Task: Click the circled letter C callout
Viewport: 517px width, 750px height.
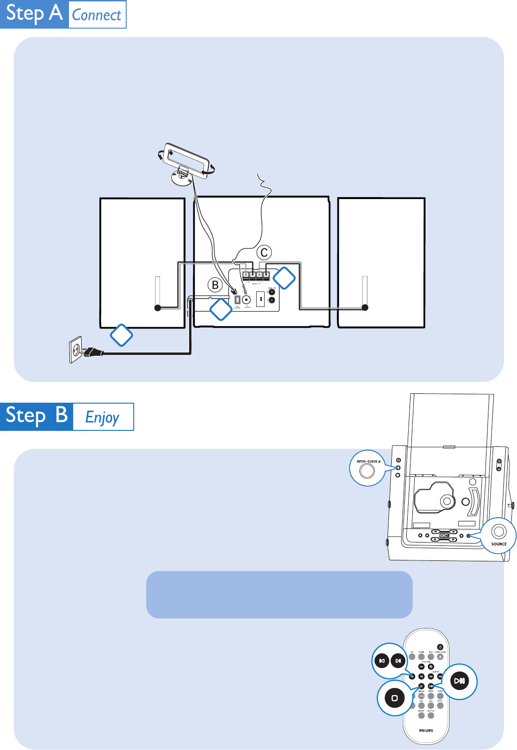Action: pyautogui.click(x=264, y=253)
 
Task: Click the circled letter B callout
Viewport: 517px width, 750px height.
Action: pyautogui.click(x=215, y=285)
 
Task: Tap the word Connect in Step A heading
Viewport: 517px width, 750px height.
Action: pyautogui.click(x=97, y=15)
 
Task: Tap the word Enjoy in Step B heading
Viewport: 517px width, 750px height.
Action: pyautogui.click(x=102, y=417)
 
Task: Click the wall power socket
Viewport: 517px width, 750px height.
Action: pyautogui.click(x=76, y=350)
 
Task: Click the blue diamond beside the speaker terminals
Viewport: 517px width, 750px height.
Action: pyautogui.click(x=284, y=278)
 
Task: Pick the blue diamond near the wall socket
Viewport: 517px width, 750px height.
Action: pyautogui.click(x=121, y=335)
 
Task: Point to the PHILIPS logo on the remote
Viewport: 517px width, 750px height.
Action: pyautogui.click(x=426, y=730)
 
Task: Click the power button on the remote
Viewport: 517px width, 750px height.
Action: pyautogui.click(x=440, y=647)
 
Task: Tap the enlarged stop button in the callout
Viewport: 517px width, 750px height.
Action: pyautogui.click(x=395, y=698)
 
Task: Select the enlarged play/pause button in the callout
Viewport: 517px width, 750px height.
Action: pyautogui.click(x=459, y=681)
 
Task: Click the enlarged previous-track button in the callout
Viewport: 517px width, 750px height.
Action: pyautogui.click(x=382, y=661)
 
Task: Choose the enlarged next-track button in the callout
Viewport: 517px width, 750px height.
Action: pyautogui.click(x=398, y=661)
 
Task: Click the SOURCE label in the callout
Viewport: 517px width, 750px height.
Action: pyautogui.click(x=499, y=544)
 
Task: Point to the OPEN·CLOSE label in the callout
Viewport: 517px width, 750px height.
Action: pyautogui.click(x=368, y=461)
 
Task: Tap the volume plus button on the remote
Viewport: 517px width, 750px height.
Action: pyautogui.click(x=431, y=666)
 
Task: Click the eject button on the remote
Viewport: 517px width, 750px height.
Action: pyautogui.click(x=440, y=657)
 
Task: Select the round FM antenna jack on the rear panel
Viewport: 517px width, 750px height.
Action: pyautogui.click(x=247, y=299)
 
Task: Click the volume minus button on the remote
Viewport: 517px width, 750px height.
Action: pyautogui.click(x=421, y=666)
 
